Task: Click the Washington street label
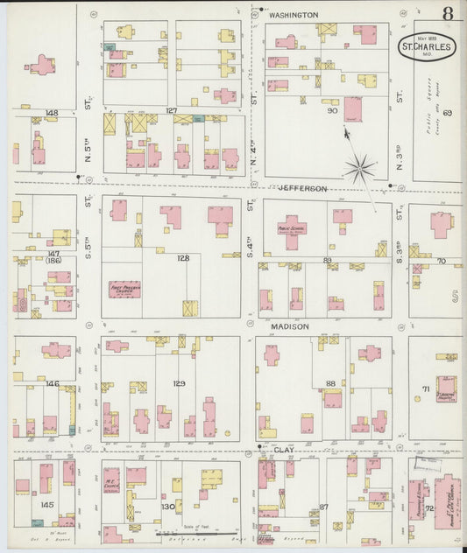293,16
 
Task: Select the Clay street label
283,451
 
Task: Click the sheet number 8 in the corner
448,13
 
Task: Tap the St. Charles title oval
428,46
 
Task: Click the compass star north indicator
358,169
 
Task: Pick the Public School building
293,230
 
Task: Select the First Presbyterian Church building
124,288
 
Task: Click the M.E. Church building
111,479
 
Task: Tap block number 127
172,110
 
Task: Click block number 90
332,111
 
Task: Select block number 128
182,257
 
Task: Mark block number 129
179,383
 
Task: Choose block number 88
330,382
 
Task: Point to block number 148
52,113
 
